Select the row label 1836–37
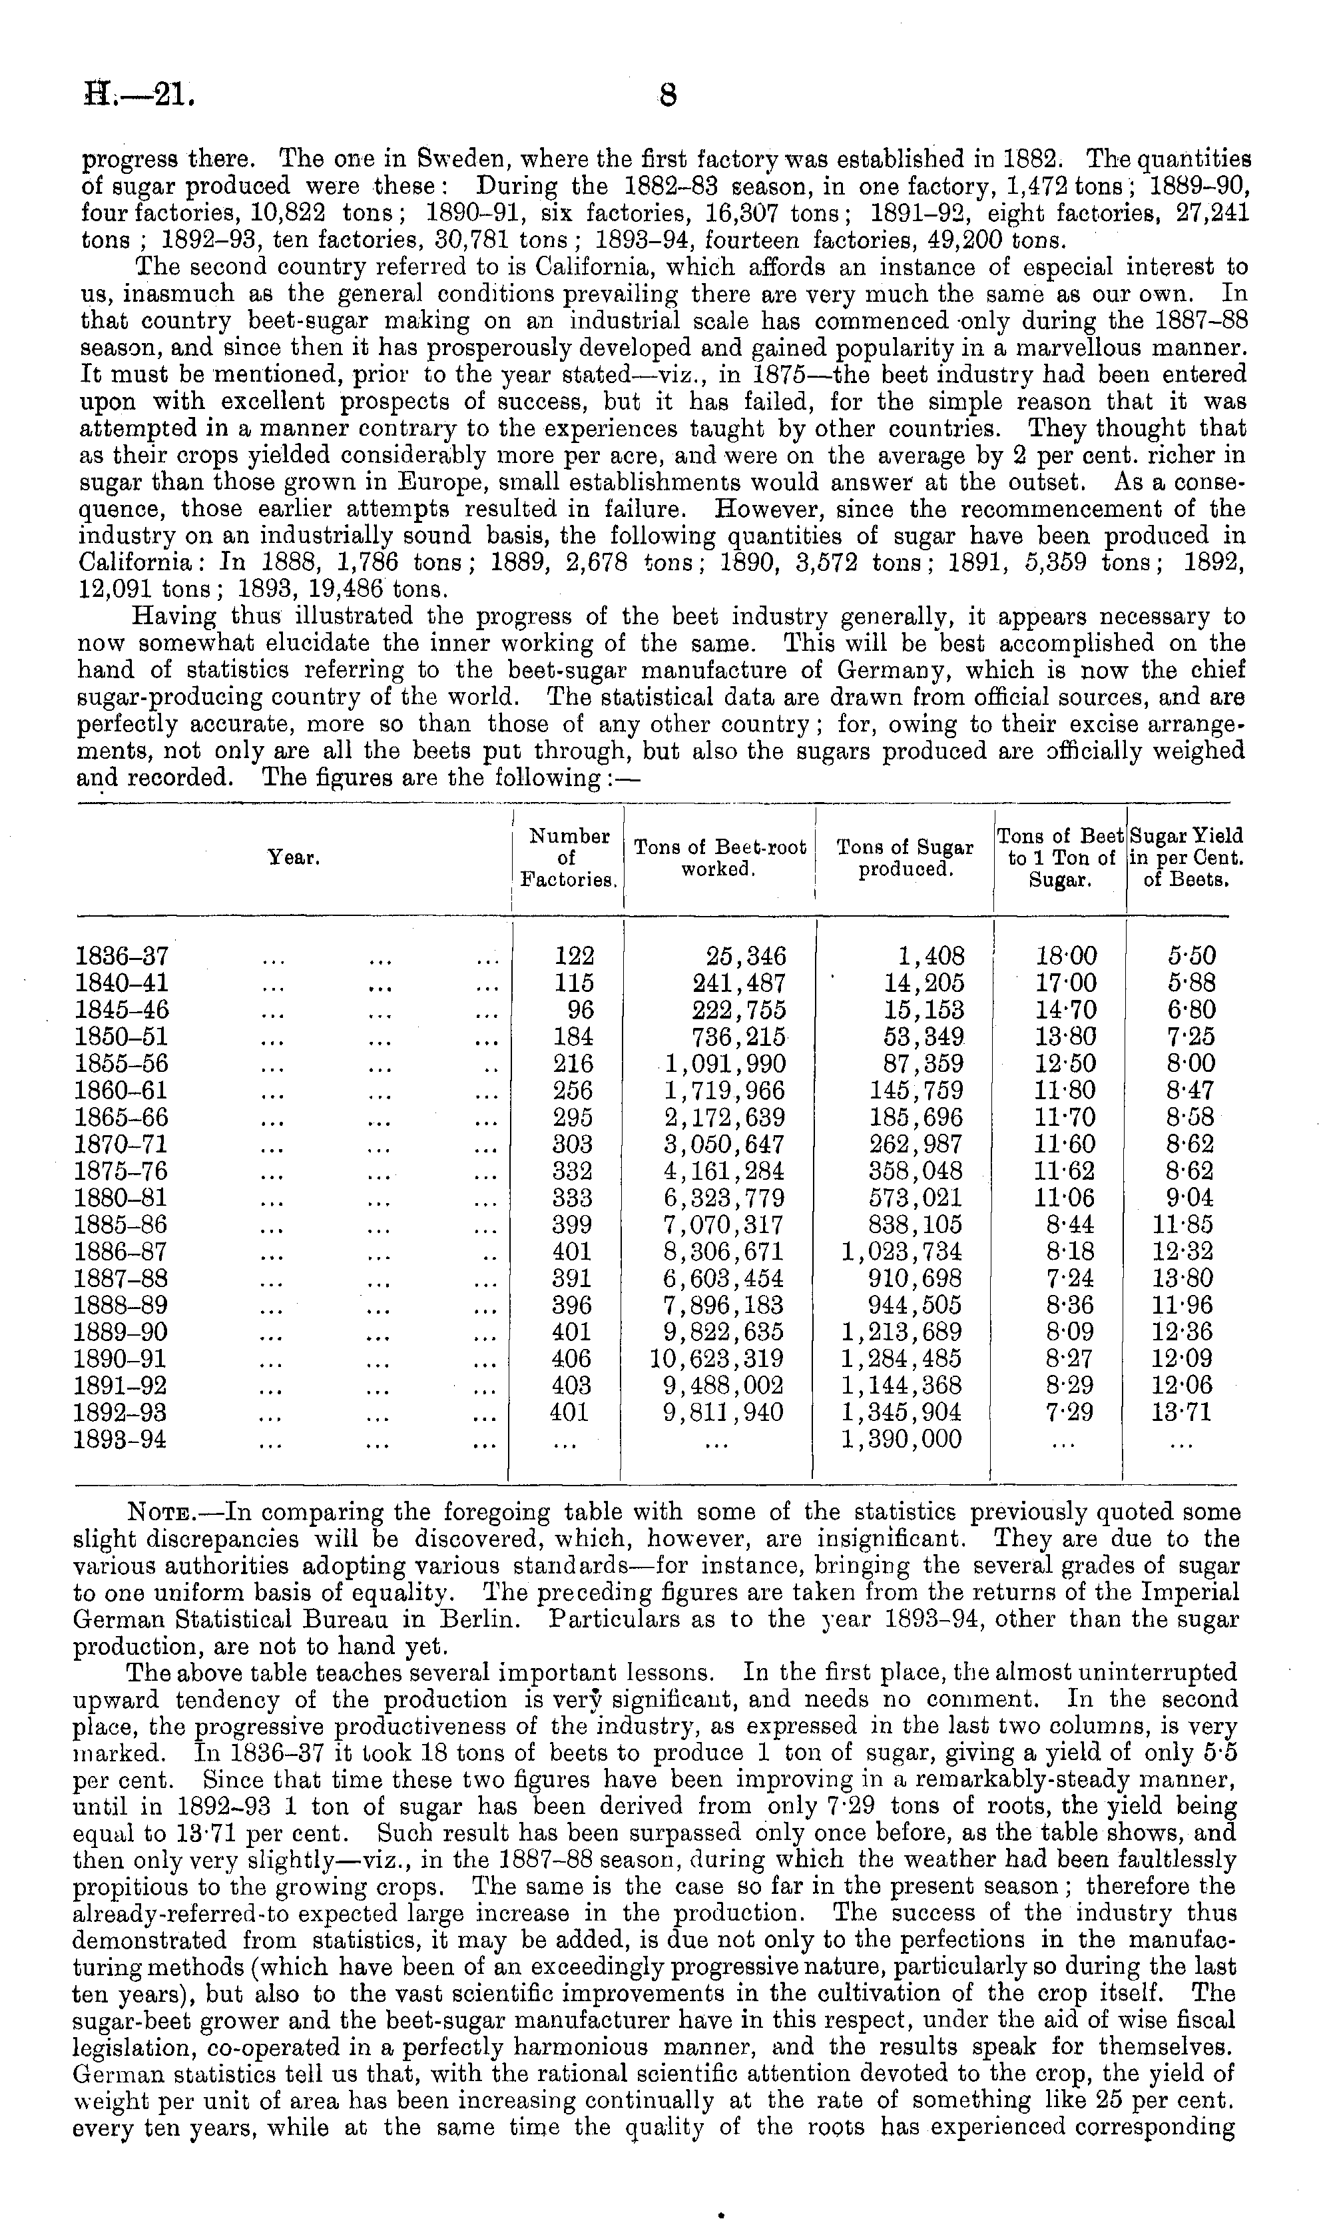122,957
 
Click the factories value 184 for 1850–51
573,1037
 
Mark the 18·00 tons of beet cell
1067,957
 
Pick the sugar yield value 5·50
1191,957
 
